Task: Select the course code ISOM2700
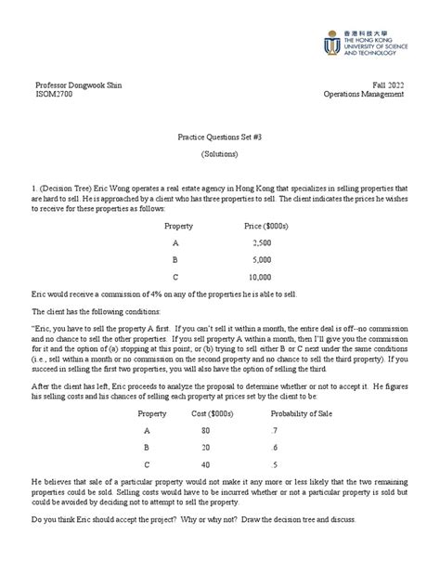click(51, 95)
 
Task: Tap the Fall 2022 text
click(387, 85)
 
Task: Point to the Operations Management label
click(364, 95)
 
